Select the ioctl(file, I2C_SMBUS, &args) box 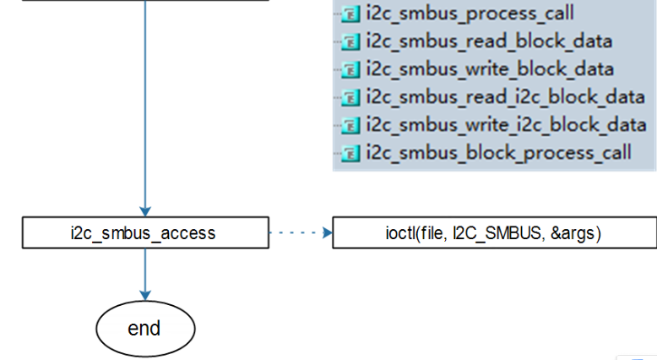click(x=494, y=232)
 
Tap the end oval click(x=144, y=328)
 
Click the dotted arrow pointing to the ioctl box click(x=300, y=232)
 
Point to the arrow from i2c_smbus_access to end click(x=144, y=275)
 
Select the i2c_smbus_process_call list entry click(x=470, y=14)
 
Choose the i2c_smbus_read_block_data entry click(x=489, y=41)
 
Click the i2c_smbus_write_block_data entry click(x=490, y=69)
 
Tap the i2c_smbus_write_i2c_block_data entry click(x=506, y=125)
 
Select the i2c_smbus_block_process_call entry click(x=498, y=153)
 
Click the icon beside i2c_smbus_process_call click(x=350, y=14)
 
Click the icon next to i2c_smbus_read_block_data click(x=350, y=42)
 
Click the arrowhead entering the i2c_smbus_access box click(x=144, y=211)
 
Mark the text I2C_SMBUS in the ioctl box click(x=492, y=232)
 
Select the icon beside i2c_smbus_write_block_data click(x=350, y=70)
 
